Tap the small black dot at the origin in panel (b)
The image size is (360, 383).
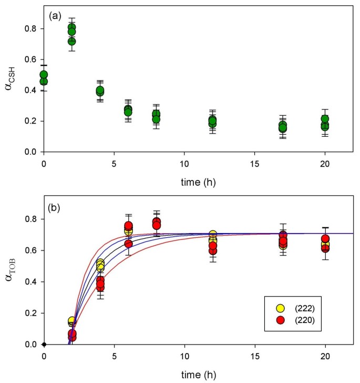click(44, 345)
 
